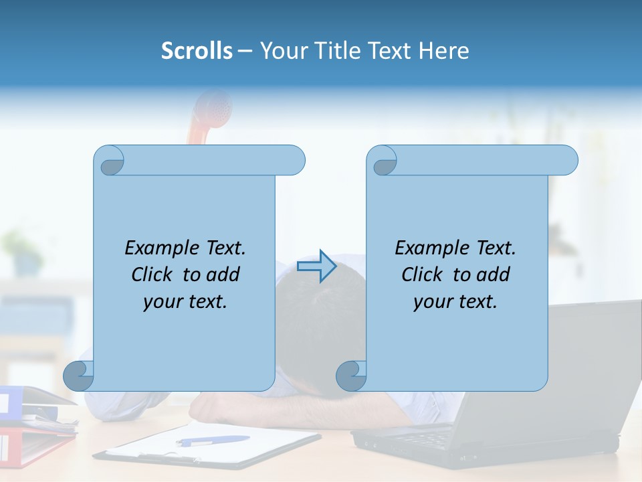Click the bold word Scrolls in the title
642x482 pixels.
(x=197, y=50)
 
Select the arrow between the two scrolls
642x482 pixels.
(x=316, y=266)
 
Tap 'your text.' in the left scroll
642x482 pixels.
(x=185, y=302)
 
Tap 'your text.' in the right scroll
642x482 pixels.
(x=455, y=302)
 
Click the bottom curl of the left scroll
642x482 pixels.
(x=78, y=376)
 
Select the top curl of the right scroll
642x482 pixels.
(x=383, y=161)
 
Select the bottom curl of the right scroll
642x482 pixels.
(x=351, y=376)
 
